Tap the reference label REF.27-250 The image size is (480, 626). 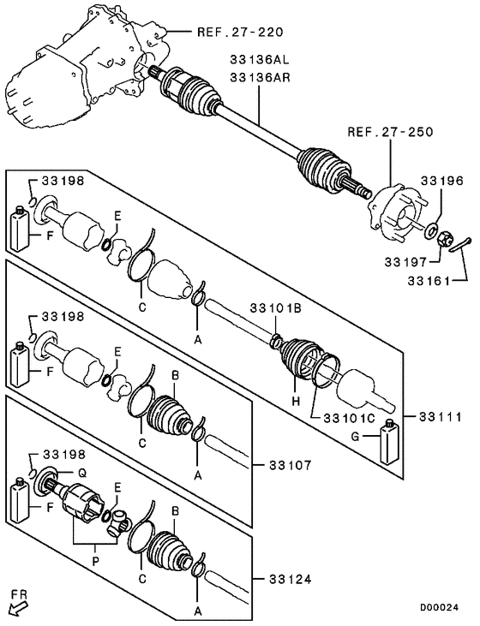coord(390,133)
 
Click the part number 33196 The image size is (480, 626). coord(441,181)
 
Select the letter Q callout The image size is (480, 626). coord(83,473)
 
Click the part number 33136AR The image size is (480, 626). coord(260,77)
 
